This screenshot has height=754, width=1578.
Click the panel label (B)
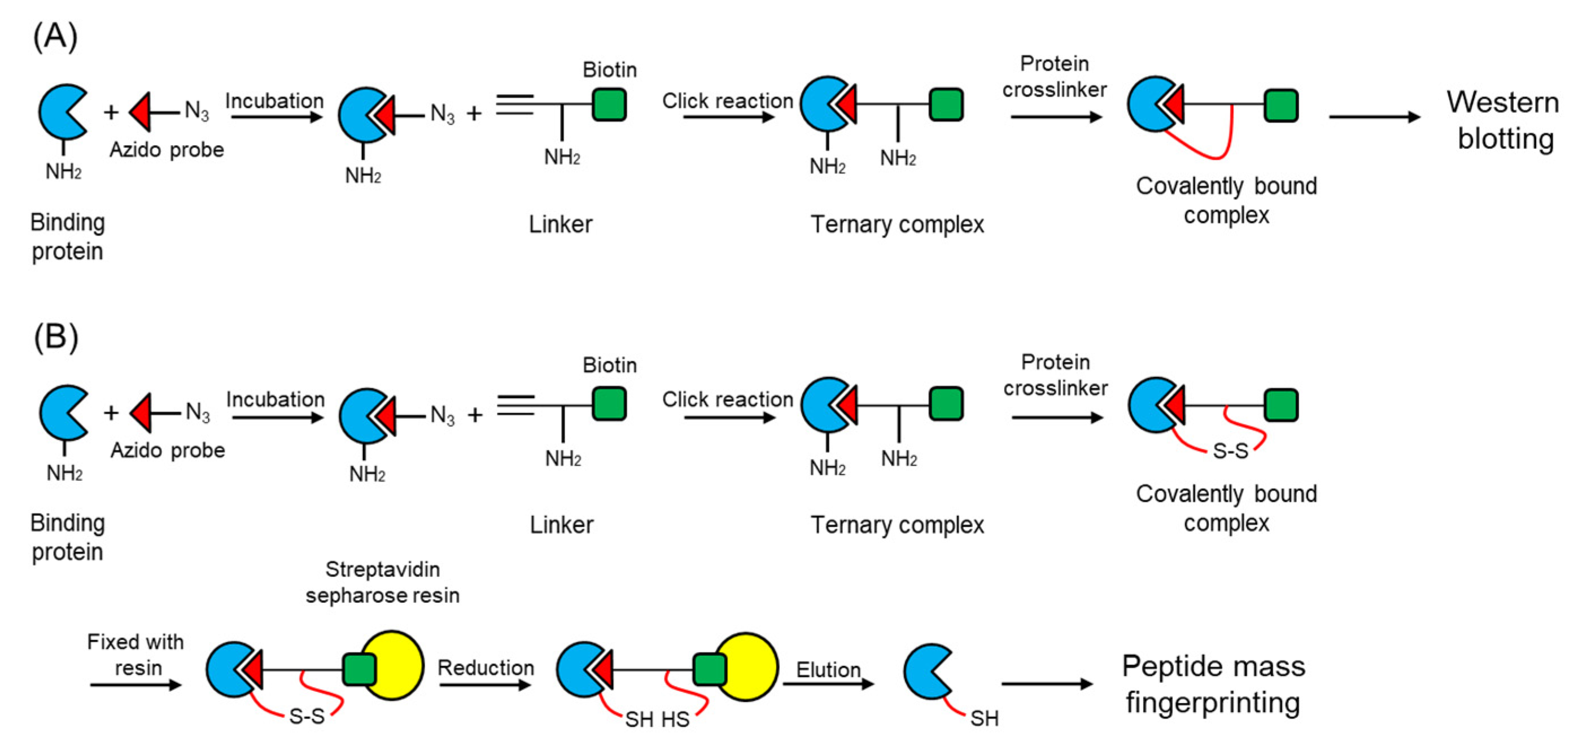coord(56,337)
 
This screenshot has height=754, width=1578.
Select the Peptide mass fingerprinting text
coord(1213,683)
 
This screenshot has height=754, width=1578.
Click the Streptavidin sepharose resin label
coord(382,582)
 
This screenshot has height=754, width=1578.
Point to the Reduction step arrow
coord(485,685)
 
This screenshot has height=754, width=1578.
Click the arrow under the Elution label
coord(828,683)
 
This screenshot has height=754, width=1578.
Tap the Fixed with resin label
coord(136,654)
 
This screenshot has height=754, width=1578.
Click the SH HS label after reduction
coord(657,719)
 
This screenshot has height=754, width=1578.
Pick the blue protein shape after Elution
coord(925,671)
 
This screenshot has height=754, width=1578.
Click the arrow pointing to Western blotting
coord(1375,117)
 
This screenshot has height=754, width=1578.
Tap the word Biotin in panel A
coord(610,70)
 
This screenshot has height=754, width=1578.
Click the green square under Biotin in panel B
coord(609,404)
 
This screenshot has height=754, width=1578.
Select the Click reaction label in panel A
coord(727,100)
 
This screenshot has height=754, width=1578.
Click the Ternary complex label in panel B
coord(897,525)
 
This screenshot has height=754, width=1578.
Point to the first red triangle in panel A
coord(141,112)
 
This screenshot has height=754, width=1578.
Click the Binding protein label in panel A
coord(67,236)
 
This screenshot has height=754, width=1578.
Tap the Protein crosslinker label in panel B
coord(1055,375)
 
